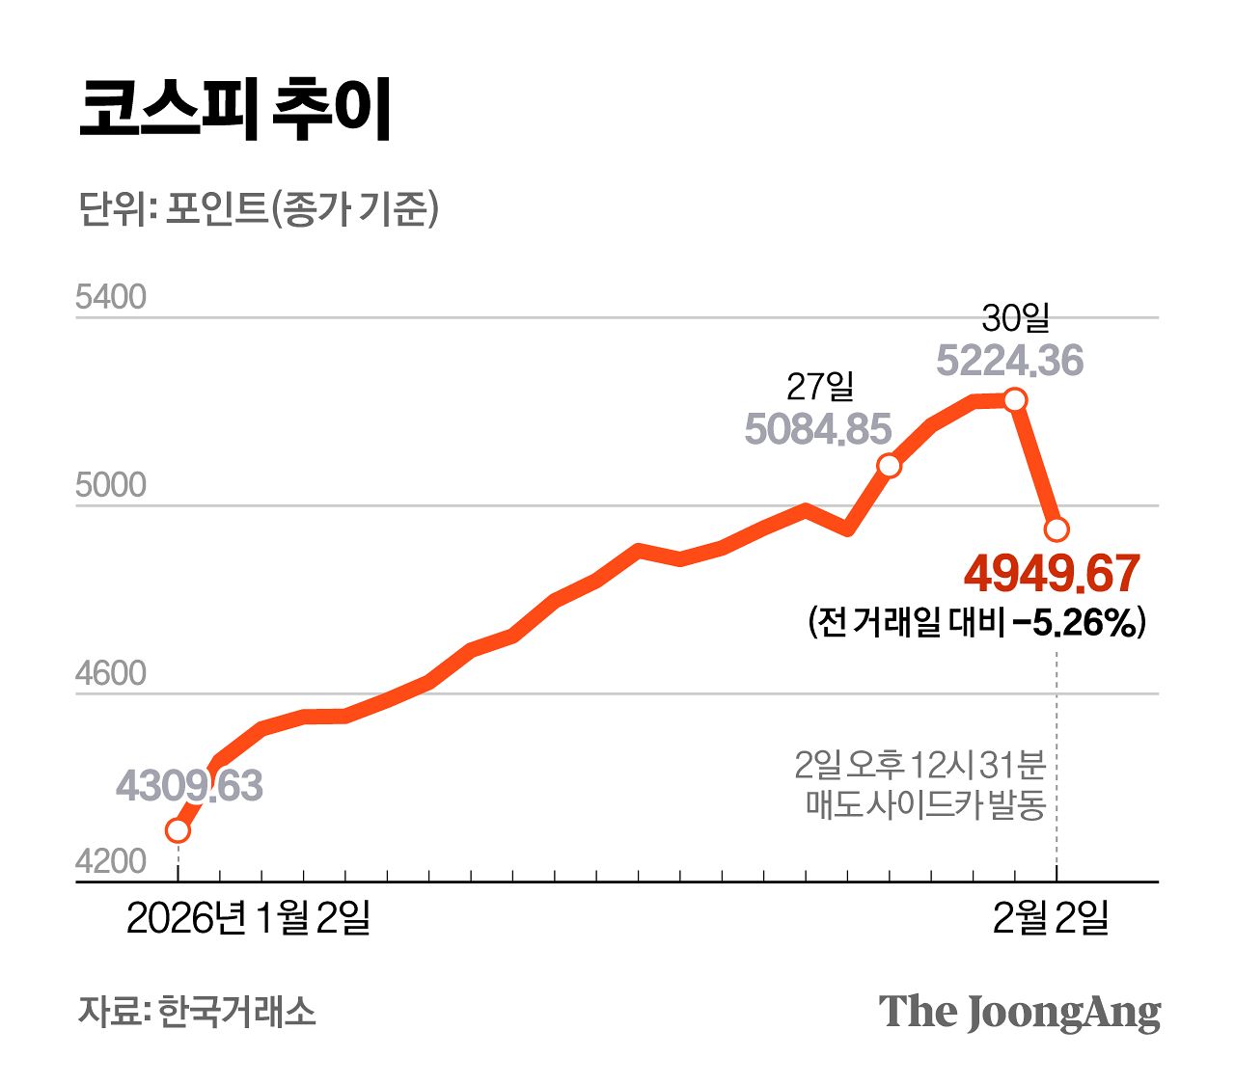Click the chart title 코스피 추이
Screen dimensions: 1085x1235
click(x=234, y=108)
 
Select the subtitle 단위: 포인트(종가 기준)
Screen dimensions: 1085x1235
click(x=258, y=208)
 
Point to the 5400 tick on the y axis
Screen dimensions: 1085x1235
click(x=111, y=298)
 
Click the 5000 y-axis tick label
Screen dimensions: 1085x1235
click(x=111, y=486)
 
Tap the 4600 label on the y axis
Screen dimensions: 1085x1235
click(x=111, y=674)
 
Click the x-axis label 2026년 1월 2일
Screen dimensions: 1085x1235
click(x=248, y=918)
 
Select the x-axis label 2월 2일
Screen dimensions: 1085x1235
click(x=1051, y=918)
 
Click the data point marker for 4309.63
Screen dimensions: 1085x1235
click(x=178, y=830)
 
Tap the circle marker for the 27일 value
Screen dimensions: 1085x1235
click(x=889, y=466)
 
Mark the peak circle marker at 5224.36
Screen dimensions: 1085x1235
click(x=1015, y=399)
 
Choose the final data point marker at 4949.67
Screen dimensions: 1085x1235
click(x=1057, y=529)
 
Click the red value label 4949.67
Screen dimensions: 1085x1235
click(x=1052, y=574)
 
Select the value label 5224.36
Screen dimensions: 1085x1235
click(x=1010, y=362)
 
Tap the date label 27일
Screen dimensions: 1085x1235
click(x=820, y=388)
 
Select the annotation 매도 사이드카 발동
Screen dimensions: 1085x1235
click(x=925, y=804)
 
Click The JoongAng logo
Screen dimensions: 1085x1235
click(x=1019, y=1013)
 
